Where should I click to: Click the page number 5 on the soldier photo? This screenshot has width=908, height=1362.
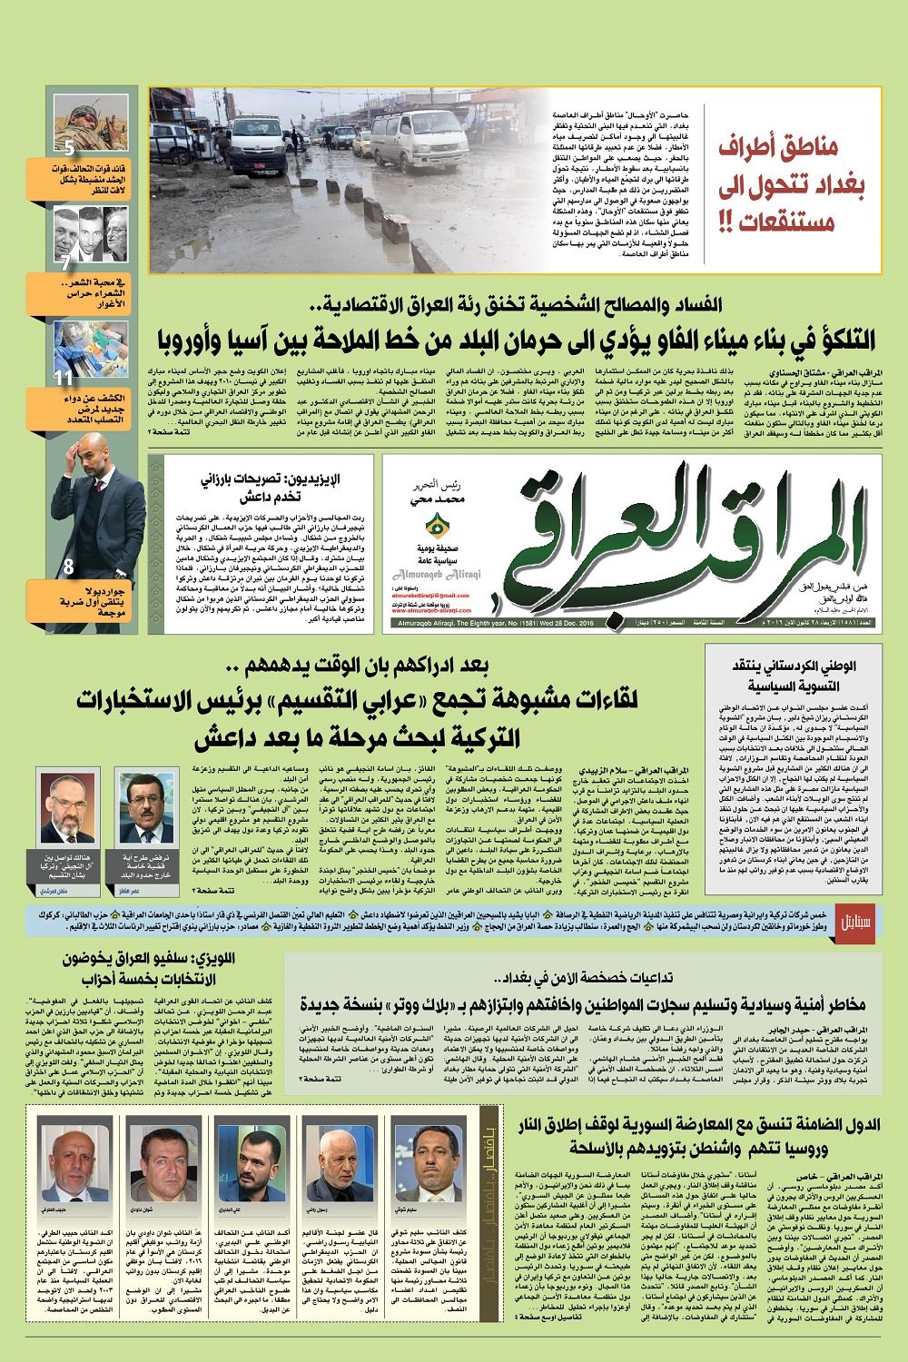(x=69, y=148)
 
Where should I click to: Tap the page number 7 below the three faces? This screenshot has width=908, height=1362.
(x=64, y=263)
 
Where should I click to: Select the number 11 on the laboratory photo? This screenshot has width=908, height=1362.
(x=64, y=378)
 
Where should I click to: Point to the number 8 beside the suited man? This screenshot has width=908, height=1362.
(x=68, y=567)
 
